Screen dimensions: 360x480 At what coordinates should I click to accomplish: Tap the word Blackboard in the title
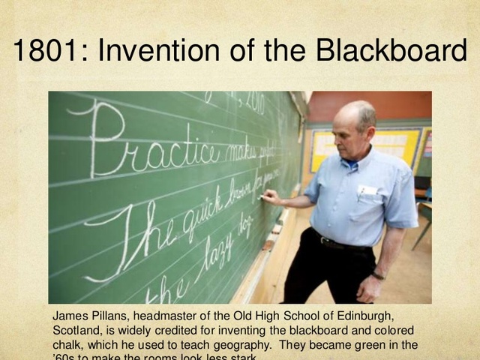(391, 52)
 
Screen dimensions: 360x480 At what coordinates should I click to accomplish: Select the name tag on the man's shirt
(367, 190)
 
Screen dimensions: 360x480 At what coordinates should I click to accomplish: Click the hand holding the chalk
(271, 197)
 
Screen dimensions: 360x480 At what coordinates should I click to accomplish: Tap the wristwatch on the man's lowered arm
(379, 275)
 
